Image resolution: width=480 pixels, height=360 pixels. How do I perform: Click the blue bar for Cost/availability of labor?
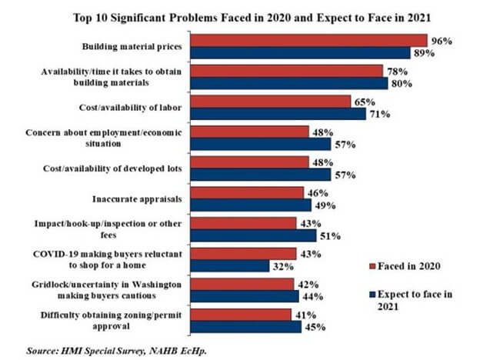(x=278, y=114)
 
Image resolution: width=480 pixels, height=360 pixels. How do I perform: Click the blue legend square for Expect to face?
(x=372, y=292)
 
